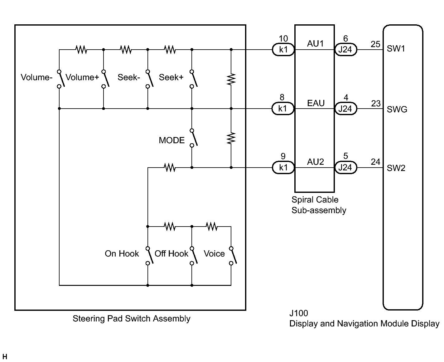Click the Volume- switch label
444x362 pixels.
click(36, 77)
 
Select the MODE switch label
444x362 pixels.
click(171, 140)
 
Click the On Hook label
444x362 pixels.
click(122, 254)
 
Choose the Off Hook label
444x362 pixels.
click(171, 254)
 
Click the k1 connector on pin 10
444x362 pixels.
click(283, 50)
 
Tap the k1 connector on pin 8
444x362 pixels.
click(283, 109)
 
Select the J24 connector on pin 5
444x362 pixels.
click(345, 168)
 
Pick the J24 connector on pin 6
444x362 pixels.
click(345, 50)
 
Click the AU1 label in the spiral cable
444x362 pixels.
click(315, 44)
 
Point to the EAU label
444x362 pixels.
click(316, 103)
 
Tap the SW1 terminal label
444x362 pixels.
click(396, 49)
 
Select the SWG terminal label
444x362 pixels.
click(397, 110)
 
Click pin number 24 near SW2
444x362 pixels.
click(375, 162)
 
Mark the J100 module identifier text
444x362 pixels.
click(298, 313)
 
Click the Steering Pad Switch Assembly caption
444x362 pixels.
click(131, 319)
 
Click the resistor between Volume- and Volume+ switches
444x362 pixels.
click(81, 49)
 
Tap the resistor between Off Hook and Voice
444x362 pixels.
click(211, 226)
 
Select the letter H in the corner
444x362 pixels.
click(5, 357)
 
